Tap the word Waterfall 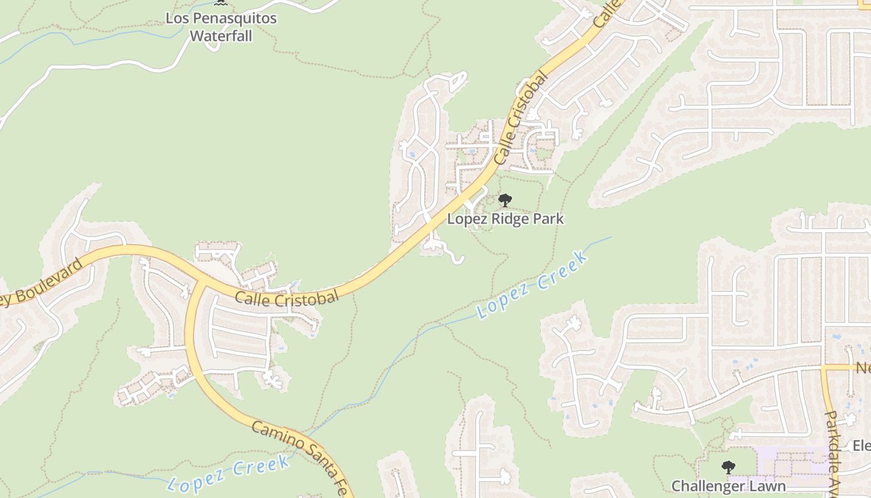coord(221,36)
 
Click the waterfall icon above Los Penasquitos coord(221,2)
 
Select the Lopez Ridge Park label coord(505,219)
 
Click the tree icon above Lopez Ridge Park coord(505,200)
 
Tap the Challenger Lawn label coord(728,486)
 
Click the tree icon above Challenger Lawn coord(728,467)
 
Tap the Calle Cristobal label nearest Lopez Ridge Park coord(521,118)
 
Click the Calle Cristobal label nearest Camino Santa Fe coord(287,297)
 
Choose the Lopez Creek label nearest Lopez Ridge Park coord(533,284)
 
